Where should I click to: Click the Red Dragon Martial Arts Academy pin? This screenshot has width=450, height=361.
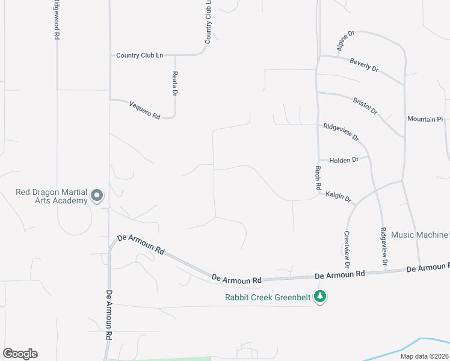(96, 195)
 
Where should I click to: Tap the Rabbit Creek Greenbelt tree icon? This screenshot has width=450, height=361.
(321, 296)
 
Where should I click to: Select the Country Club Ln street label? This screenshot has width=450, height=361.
(140, 55)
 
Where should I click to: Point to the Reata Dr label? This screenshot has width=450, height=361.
(175, 84)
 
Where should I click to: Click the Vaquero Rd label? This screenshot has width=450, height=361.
(144, 109)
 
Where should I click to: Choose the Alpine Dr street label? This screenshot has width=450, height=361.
(347, 41)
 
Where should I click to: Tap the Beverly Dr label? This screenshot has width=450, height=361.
(363, 66)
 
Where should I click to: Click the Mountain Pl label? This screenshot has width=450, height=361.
(425, 119)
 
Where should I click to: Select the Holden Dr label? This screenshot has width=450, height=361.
(344, 159)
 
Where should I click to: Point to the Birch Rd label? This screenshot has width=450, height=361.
(318, 179)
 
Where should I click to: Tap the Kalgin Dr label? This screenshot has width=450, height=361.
(339, 196)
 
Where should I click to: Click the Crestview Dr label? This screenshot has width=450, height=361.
(347, 250)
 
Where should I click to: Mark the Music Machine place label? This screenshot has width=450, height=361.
(420, 234)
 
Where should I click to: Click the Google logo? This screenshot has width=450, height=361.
(20, 354)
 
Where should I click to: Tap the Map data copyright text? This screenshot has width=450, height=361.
(425, 356)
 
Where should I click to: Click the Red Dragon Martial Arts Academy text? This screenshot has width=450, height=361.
(52, 197)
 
